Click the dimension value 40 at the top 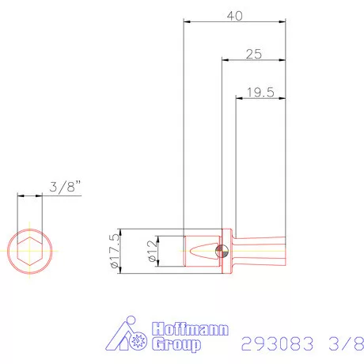point(234,15)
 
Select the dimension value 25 point(253,54)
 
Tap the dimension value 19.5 point(260,93)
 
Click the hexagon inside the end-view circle point(30,251)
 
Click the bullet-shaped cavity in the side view point(202,252)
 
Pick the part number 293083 point(276,344)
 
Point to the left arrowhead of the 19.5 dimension point(239,99)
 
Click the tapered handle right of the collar point(261,252)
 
